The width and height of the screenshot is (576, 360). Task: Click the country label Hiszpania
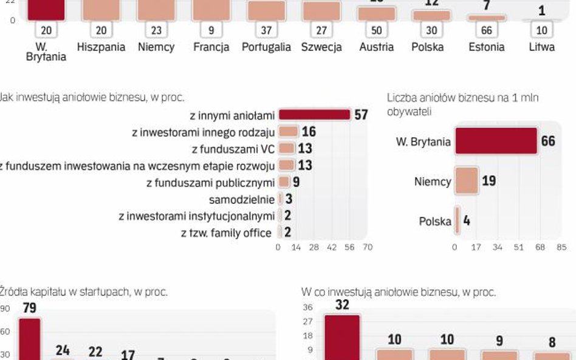(101, 47)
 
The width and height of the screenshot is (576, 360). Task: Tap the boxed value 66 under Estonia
(486, 30)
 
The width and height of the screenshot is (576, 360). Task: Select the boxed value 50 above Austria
(376, 30)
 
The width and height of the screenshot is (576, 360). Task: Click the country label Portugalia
(266, 47)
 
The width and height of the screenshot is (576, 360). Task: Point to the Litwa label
(541, 47)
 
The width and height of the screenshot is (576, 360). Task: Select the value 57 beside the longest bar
(361, 115)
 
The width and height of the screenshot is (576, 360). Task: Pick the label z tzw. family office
(226, 233)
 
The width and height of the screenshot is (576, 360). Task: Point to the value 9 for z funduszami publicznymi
(296, 182)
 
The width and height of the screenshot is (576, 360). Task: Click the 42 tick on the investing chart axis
(331, 247)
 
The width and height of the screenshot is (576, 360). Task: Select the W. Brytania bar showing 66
(496, 141)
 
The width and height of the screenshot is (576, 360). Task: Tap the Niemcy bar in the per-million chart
(466, 181)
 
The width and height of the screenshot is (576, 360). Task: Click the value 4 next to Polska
(467, 220)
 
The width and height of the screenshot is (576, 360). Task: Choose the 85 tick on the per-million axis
(561, 247)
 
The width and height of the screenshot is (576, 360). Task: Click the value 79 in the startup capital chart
(30, 308)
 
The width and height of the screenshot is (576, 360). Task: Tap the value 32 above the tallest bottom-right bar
(342, 305)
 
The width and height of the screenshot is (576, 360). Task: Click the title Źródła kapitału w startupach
(84, 292)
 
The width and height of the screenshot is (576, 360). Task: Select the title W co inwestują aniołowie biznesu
(399, 292)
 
